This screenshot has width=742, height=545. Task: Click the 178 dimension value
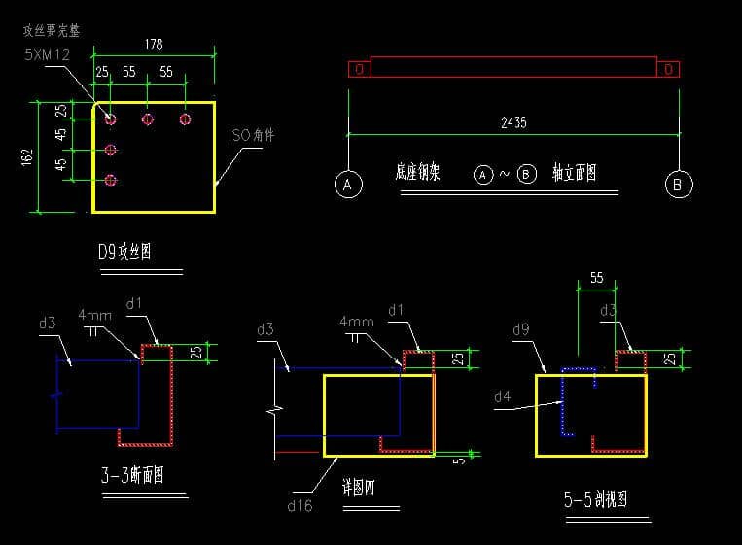154,44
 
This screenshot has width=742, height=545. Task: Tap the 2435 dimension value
513,123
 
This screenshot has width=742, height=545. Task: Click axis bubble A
347,184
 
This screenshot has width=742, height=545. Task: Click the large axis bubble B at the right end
679,184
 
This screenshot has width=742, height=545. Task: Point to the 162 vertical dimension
27,155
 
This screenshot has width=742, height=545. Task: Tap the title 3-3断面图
131,477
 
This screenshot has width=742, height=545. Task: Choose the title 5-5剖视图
595,500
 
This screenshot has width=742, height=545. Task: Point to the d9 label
521,330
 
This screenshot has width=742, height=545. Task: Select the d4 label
502,396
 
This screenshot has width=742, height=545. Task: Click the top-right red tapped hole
185,119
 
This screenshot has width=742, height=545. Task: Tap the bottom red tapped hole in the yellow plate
111,180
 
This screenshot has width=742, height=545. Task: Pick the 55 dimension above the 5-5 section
595,278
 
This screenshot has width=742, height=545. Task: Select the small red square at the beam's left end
359,69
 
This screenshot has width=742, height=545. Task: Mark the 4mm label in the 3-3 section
95,316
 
